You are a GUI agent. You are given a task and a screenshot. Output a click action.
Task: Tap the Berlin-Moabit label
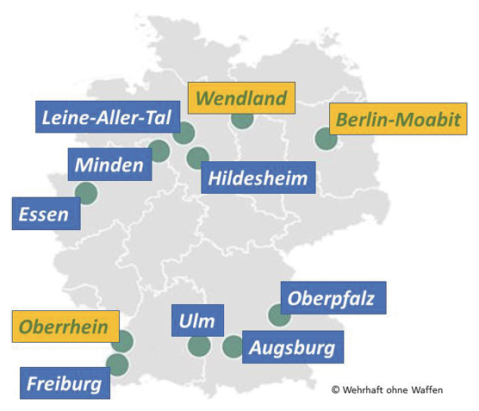tap(397, 119)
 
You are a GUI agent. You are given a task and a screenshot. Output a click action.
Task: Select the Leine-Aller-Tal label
tap(106, 117)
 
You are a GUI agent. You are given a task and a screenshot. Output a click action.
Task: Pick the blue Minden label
tap(109, 165)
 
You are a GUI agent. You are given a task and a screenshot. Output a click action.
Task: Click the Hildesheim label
tap(258, 178)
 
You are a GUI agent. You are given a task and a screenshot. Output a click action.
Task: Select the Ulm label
tap(197, 321)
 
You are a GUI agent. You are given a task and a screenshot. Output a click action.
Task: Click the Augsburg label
tap(294, 348)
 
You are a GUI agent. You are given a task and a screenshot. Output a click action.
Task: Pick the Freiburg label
tap(65, 383)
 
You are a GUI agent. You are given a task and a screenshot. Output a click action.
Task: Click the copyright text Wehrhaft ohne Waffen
tap(387, 390)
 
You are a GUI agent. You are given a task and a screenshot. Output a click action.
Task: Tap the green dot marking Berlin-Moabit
tap(326, 139)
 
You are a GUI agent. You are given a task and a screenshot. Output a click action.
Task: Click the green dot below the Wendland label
tap(242, 118)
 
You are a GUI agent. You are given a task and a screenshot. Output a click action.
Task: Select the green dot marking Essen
tap(86, 193)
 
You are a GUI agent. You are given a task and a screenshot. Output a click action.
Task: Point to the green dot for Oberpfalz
tap(279, 315)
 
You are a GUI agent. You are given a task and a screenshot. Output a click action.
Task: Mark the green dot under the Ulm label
tap(199, 346)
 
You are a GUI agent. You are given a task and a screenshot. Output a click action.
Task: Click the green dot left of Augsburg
tap(233, 347)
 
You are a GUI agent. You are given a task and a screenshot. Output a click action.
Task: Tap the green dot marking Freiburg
tap(117, 364)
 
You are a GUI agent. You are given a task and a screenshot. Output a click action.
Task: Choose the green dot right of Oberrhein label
tap(122, 341)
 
